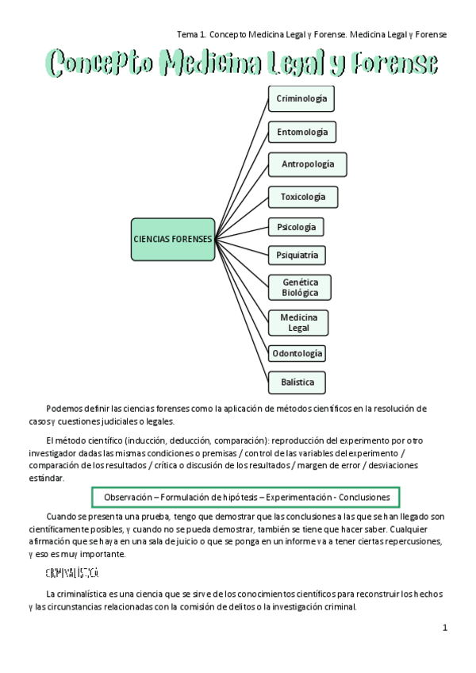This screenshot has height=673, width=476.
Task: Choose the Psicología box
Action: coord(296,227)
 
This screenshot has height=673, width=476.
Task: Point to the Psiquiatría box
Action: coord(297,256)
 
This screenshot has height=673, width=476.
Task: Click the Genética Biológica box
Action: coord(300,287)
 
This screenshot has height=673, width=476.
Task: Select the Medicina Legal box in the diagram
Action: coord(298,322)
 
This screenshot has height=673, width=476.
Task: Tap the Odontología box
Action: coord(297,353)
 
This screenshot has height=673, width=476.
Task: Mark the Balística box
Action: coord(297,383)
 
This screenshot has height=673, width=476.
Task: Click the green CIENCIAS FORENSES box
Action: coord(173,239)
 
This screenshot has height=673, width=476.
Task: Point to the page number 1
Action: coord(445,628)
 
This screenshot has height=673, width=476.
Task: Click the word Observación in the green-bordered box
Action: coord(129,497)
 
